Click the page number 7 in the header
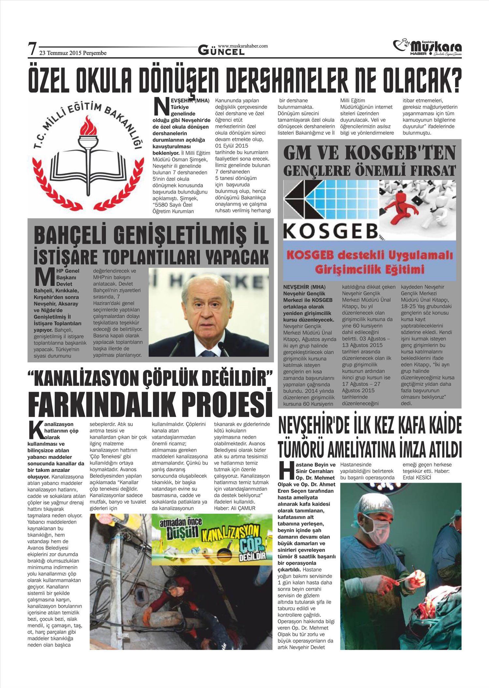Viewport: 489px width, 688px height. [x=32, y=49]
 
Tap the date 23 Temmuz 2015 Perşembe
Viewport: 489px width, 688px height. [x=73, y=53]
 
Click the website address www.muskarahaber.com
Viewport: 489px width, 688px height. [x=243, y=46]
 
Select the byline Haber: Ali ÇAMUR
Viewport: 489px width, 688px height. [x=234, y=508]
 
